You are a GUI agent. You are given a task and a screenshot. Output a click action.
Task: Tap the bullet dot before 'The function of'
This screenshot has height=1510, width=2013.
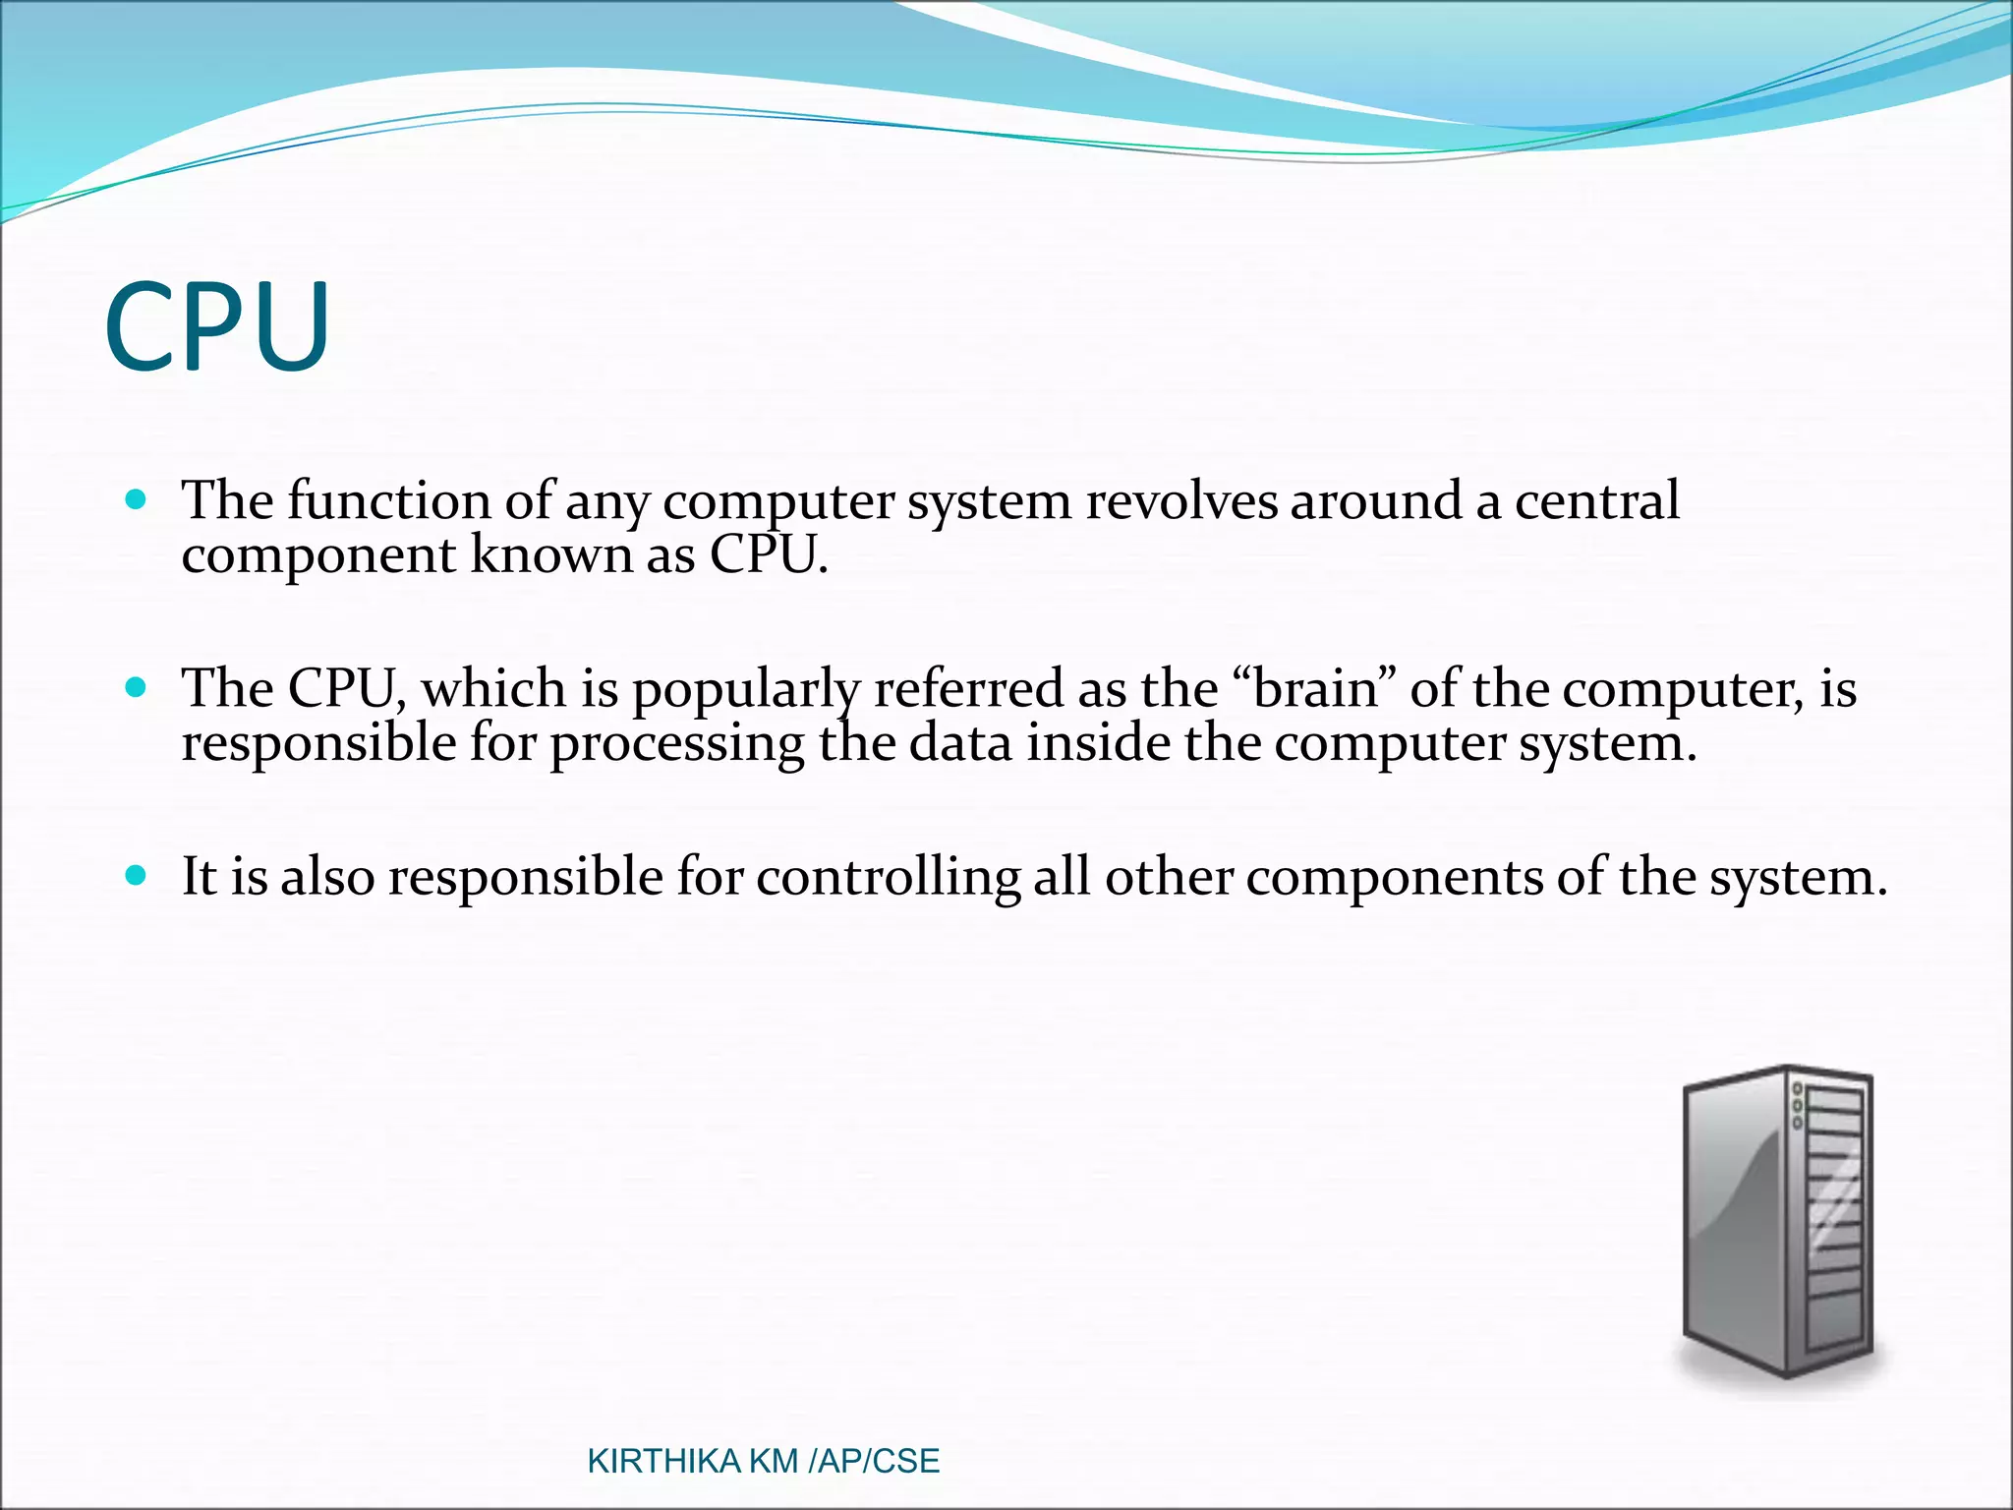[x=137, y=499]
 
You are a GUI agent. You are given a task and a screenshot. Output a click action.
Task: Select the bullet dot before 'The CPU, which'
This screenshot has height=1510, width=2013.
[x=137, y=686]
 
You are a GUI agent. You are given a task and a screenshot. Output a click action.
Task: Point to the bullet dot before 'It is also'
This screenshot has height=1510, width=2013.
[x=137, y=874]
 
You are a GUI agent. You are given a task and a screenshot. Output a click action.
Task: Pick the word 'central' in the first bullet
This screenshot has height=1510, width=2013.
[x=1596, y=501]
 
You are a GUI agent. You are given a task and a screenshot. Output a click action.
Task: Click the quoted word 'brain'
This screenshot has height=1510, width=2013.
[x=1319, y=688]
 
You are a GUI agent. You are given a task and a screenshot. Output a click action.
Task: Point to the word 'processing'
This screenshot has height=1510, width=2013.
[x=676, y=744]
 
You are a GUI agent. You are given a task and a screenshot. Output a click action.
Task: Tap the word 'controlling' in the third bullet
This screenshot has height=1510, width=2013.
[x=888, y=877]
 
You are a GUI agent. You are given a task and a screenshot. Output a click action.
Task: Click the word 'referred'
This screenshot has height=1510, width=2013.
[x=968, y=688]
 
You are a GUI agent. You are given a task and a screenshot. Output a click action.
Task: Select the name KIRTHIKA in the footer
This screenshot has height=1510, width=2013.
[x=662, y=1461]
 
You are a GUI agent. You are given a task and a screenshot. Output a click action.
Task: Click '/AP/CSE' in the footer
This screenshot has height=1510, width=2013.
[x=873, y=1461]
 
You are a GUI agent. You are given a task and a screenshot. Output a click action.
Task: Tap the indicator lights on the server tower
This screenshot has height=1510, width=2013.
[x=1798, y=1106]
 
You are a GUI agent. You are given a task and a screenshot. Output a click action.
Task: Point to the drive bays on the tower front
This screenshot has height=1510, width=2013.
[x=1835, y=1219]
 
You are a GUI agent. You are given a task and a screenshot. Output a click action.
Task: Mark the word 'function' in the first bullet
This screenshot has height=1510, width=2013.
[x=388, y=501]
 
